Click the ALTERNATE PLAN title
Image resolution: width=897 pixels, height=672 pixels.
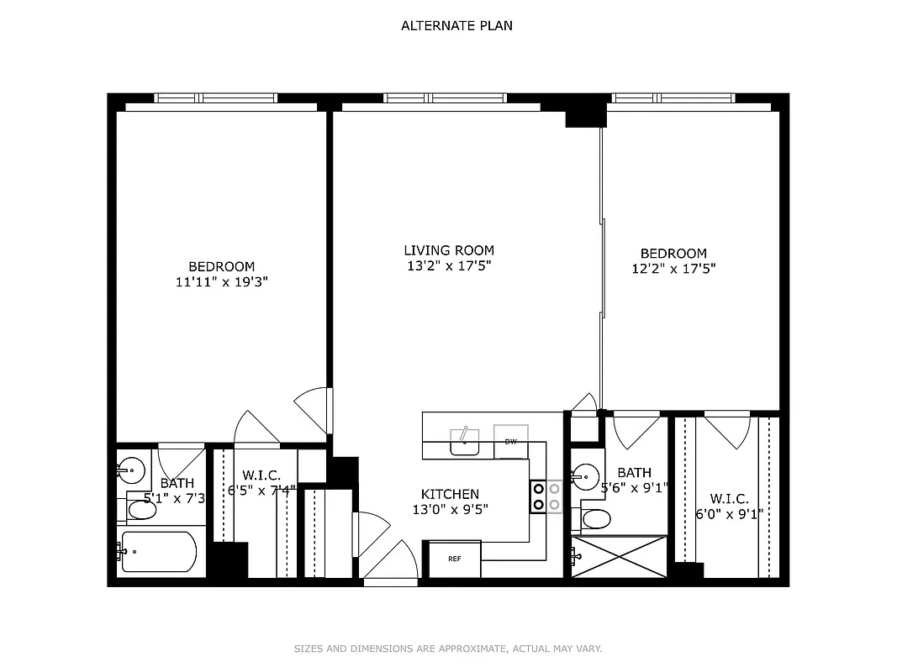point(456,25)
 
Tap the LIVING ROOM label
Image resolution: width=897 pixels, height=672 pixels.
point(449,250)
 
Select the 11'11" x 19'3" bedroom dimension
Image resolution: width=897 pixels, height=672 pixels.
point(221,282)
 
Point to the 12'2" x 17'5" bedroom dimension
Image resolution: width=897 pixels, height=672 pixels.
point(673,269)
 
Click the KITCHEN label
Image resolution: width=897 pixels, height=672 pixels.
point(450,494)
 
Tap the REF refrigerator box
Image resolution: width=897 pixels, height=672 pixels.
point(455,559)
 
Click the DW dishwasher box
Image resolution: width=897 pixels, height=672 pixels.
point(510,441)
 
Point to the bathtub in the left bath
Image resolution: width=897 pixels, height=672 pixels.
point(160,552)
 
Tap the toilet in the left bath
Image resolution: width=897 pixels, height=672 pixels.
point(138,510)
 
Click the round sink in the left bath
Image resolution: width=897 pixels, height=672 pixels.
point(130,469)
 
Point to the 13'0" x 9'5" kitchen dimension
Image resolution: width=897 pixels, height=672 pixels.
point(450,508)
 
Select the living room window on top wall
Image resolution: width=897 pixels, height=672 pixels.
point(445,98)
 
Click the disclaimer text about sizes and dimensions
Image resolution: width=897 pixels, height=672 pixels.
point(448,648)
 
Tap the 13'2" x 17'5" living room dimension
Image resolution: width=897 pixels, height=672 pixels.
point(449,265)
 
